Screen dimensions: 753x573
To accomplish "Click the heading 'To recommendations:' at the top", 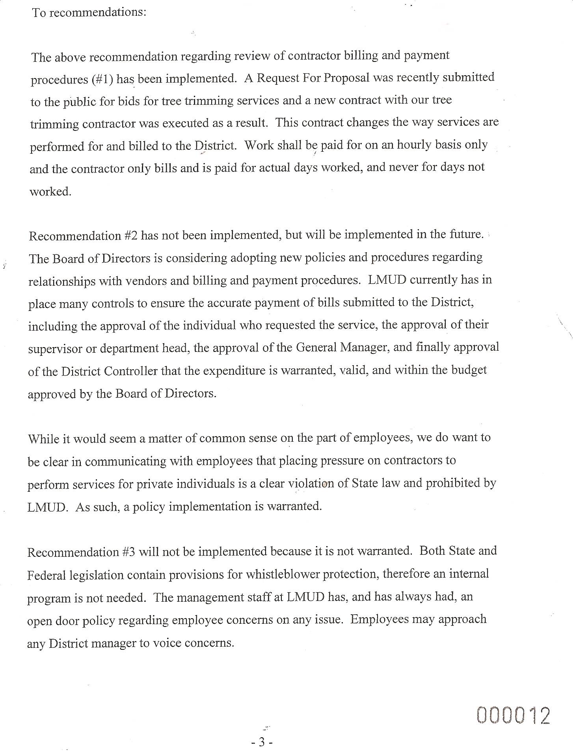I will pos(89,13).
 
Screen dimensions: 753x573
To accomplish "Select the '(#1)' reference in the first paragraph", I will pos(103,79).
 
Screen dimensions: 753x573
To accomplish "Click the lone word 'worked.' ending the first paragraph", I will pos(50,192).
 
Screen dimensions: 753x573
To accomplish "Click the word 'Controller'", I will pos(136,371).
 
